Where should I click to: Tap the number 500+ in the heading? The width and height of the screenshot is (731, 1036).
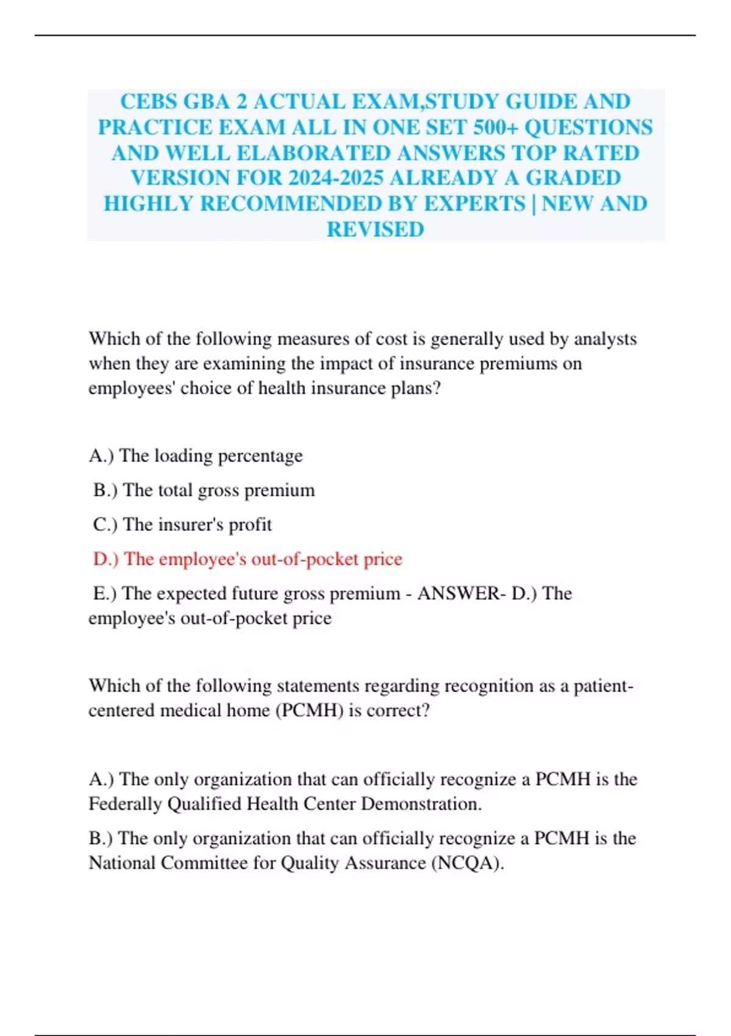[x=491, y=127]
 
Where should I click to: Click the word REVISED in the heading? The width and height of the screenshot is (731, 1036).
[x=375, y=229]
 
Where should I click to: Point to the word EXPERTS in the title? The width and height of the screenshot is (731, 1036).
[x=474, y=204]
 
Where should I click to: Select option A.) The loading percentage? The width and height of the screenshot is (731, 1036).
[x=196, y=456]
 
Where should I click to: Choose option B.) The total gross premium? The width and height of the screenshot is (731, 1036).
[x=204, y=490]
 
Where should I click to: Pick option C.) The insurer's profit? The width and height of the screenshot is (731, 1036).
[x=182, y=525]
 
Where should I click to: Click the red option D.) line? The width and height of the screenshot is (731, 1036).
[x=247, y=559]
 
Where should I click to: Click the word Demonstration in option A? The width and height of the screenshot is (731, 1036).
[x=421, y=804]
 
